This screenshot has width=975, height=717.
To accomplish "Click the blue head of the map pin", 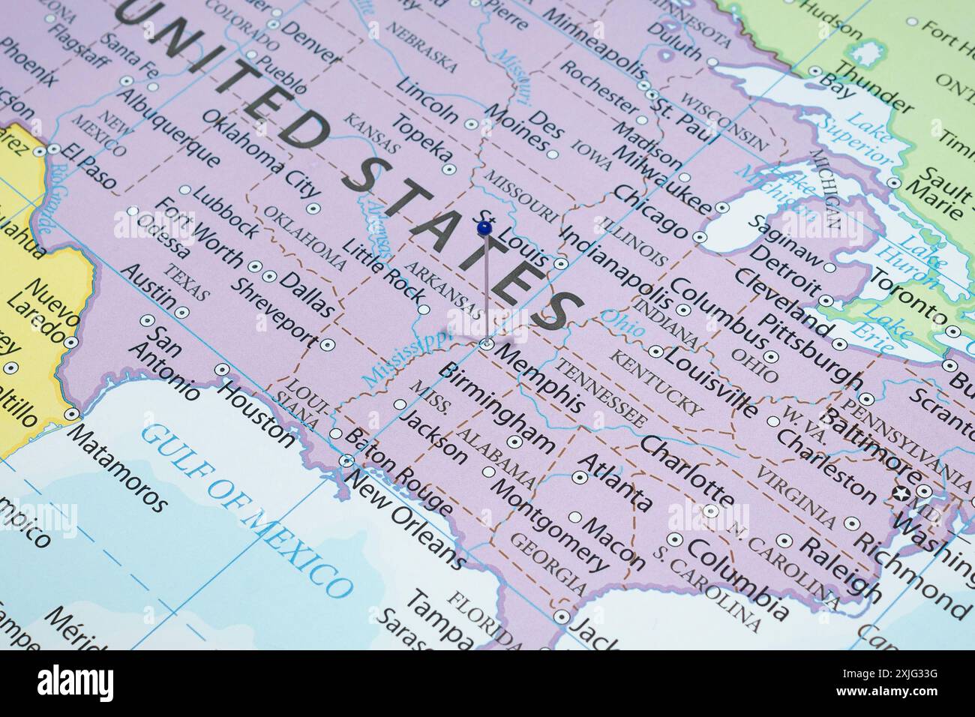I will (484, 226).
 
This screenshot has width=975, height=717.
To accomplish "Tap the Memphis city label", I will (541, 378).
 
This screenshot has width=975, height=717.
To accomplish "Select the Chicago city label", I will (649, 211).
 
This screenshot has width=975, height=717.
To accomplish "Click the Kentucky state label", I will (657, 382).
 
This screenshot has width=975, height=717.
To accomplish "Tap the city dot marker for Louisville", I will (655, 350).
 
